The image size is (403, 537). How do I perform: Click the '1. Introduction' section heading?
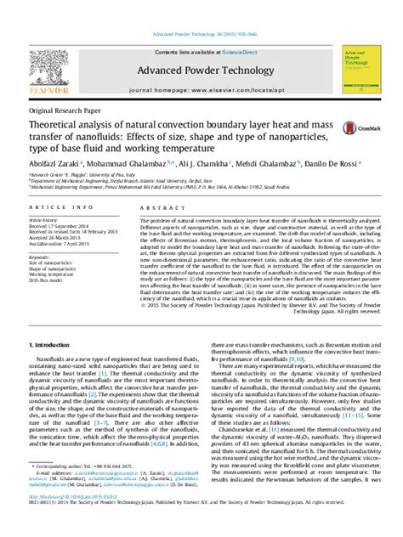[54, 346]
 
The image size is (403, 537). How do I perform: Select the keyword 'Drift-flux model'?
[50, 281]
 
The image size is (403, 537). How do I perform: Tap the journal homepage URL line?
[201, 88]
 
